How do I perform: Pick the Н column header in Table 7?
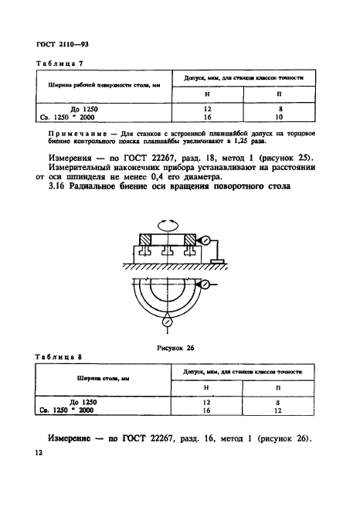[205, 94]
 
